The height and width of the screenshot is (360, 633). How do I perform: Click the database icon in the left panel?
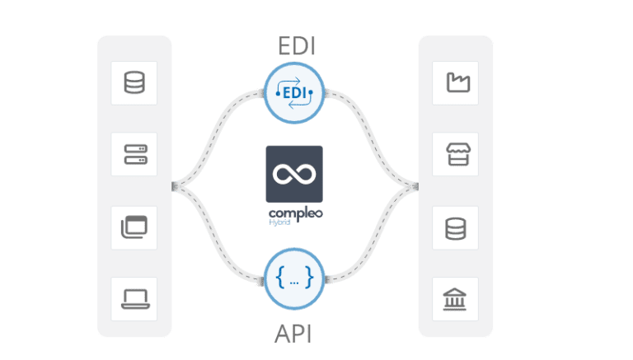click(x=134, y=82)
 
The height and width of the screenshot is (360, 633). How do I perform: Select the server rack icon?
click(x=134, y=153)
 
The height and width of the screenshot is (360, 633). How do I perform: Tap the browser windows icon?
click(x=134, y=225)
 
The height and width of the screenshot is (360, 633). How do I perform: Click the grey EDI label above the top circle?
click(x=294, y=48)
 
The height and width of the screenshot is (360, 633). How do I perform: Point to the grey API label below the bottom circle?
click(x=294, y=333)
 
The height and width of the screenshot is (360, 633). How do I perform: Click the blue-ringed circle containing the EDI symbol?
click(x=294, y=95)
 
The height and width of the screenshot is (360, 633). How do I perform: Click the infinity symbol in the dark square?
click(x=294, y=174)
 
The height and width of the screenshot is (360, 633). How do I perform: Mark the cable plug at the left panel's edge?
click(x=176, y=187)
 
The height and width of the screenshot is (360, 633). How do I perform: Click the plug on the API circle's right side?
click(x=328, y=281)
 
